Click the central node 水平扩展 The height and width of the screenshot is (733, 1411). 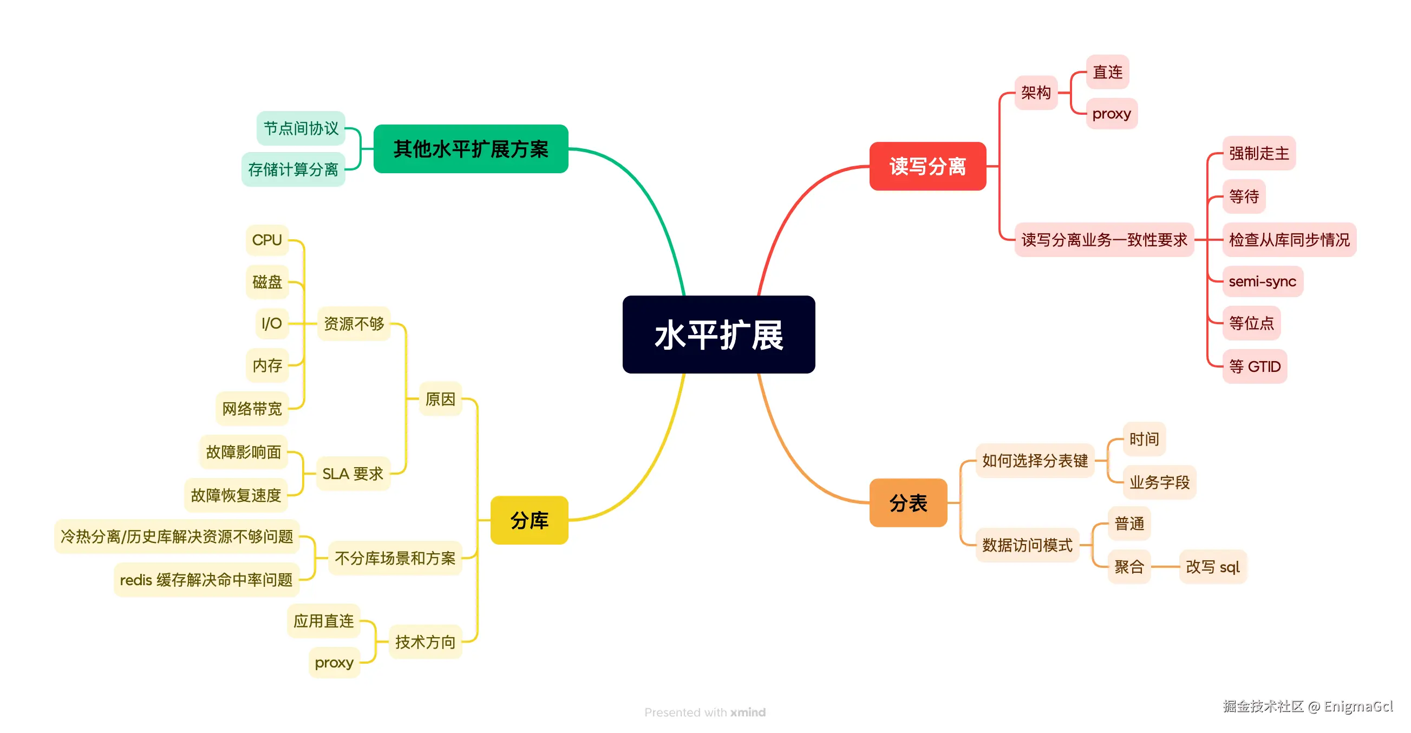718,334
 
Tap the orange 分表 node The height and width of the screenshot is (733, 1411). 907,502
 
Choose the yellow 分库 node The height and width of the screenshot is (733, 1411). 528,520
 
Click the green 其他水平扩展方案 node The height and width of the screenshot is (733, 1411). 470,148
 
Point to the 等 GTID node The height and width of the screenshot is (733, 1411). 1254,366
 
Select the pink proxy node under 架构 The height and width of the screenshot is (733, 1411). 1111,114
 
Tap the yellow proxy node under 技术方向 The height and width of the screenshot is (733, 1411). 334,662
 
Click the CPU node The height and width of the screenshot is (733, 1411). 267,240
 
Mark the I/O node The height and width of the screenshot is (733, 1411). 271,323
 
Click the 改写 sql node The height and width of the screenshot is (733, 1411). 1212,566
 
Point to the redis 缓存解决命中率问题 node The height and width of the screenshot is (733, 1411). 206,580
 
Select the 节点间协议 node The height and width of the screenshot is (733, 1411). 301,128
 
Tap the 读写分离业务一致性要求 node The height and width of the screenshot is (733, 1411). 1103,239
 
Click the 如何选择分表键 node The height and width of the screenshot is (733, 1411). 1034,460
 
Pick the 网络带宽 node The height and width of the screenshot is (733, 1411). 251,408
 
